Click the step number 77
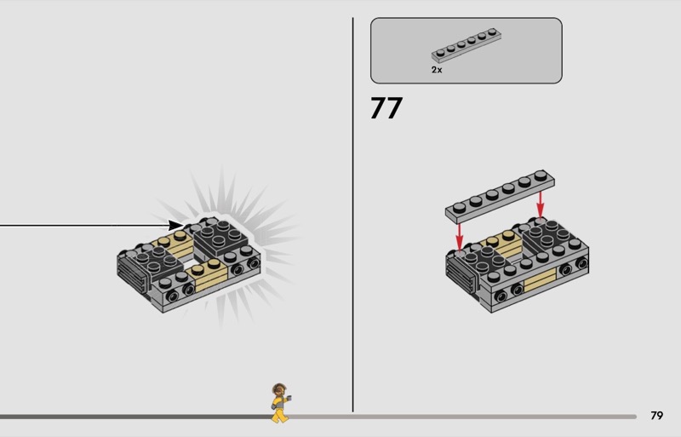[386, 108]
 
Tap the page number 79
[656, 416]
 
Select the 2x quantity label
[437, 70]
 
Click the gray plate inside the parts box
[466, 45]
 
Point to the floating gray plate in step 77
[500, 197]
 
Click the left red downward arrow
[459, 237]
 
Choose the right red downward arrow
[540, 204]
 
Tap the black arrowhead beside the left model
[176, 225]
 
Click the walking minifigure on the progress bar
[280, 403]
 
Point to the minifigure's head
[279, 389]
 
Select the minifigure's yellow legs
[280, 415]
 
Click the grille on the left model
[132, 273]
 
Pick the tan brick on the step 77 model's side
[541, 279]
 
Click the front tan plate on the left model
[206, 275]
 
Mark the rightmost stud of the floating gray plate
[541, 175]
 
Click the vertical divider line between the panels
[352, 215]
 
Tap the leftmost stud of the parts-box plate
[440, 53]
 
